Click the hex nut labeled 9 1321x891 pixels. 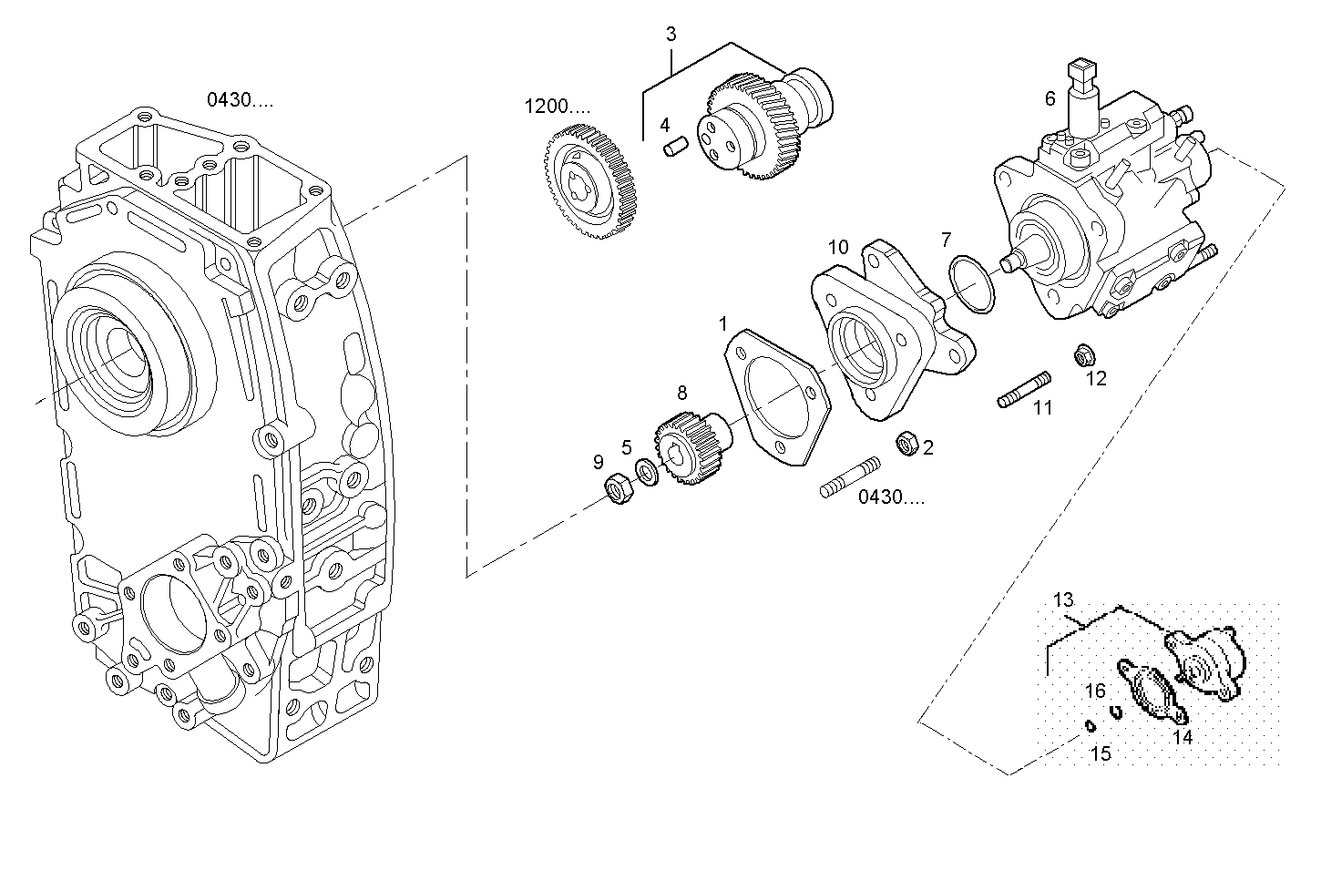pyautogui.click(x=619, y=489)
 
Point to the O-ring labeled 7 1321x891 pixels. pyautogui.click(x=972, y=284)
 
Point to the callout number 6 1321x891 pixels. pyautogui.click(x=1050, y=98)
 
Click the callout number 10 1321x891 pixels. pyautogui.click(x=838, y=247)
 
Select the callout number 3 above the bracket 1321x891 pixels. pyautogui.click(x=671, y=35)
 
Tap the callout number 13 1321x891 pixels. pyautogui.click(x=1064, y=600)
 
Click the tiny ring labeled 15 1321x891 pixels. pyautogui.click(x=1089, y=726)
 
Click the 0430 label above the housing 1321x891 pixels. pyautogui.click(x=240, y=100)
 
